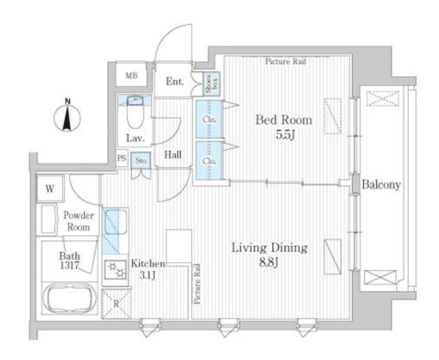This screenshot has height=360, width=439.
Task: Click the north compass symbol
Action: (67, 115)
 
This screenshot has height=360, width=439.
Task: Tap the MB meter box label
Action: (132, 76)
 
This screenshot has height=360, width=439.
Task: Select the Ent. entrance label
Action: (175, 81)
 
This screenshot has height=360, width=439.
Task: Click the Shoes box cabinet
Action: (211, 84)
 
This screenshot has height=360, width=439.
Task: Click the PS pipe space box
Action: (122, 158)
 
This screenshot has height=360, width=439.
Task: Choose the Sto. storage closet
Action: (141, 160)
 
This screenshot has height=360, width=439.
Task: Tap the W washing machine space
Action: (50, 189)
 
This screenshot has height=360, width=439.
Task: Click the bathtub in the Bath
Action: (70, 299)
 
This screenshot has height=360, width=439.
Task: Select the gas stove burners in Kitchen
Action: (117, 270)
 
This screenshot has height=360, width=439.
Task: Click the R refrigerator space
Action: (116, 304)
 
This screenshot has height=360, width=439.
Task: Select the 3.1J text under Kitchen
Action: (147, 275)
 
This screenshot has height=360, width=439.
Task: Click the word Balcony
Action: (381, 185)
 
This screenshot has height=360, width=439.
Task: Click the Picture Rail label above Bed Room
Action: (286, 61)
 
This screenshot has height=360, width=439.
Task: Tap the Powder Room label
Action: (78, 221)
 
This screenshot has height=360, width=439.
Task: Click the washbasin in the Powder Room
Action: (49, 219)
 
